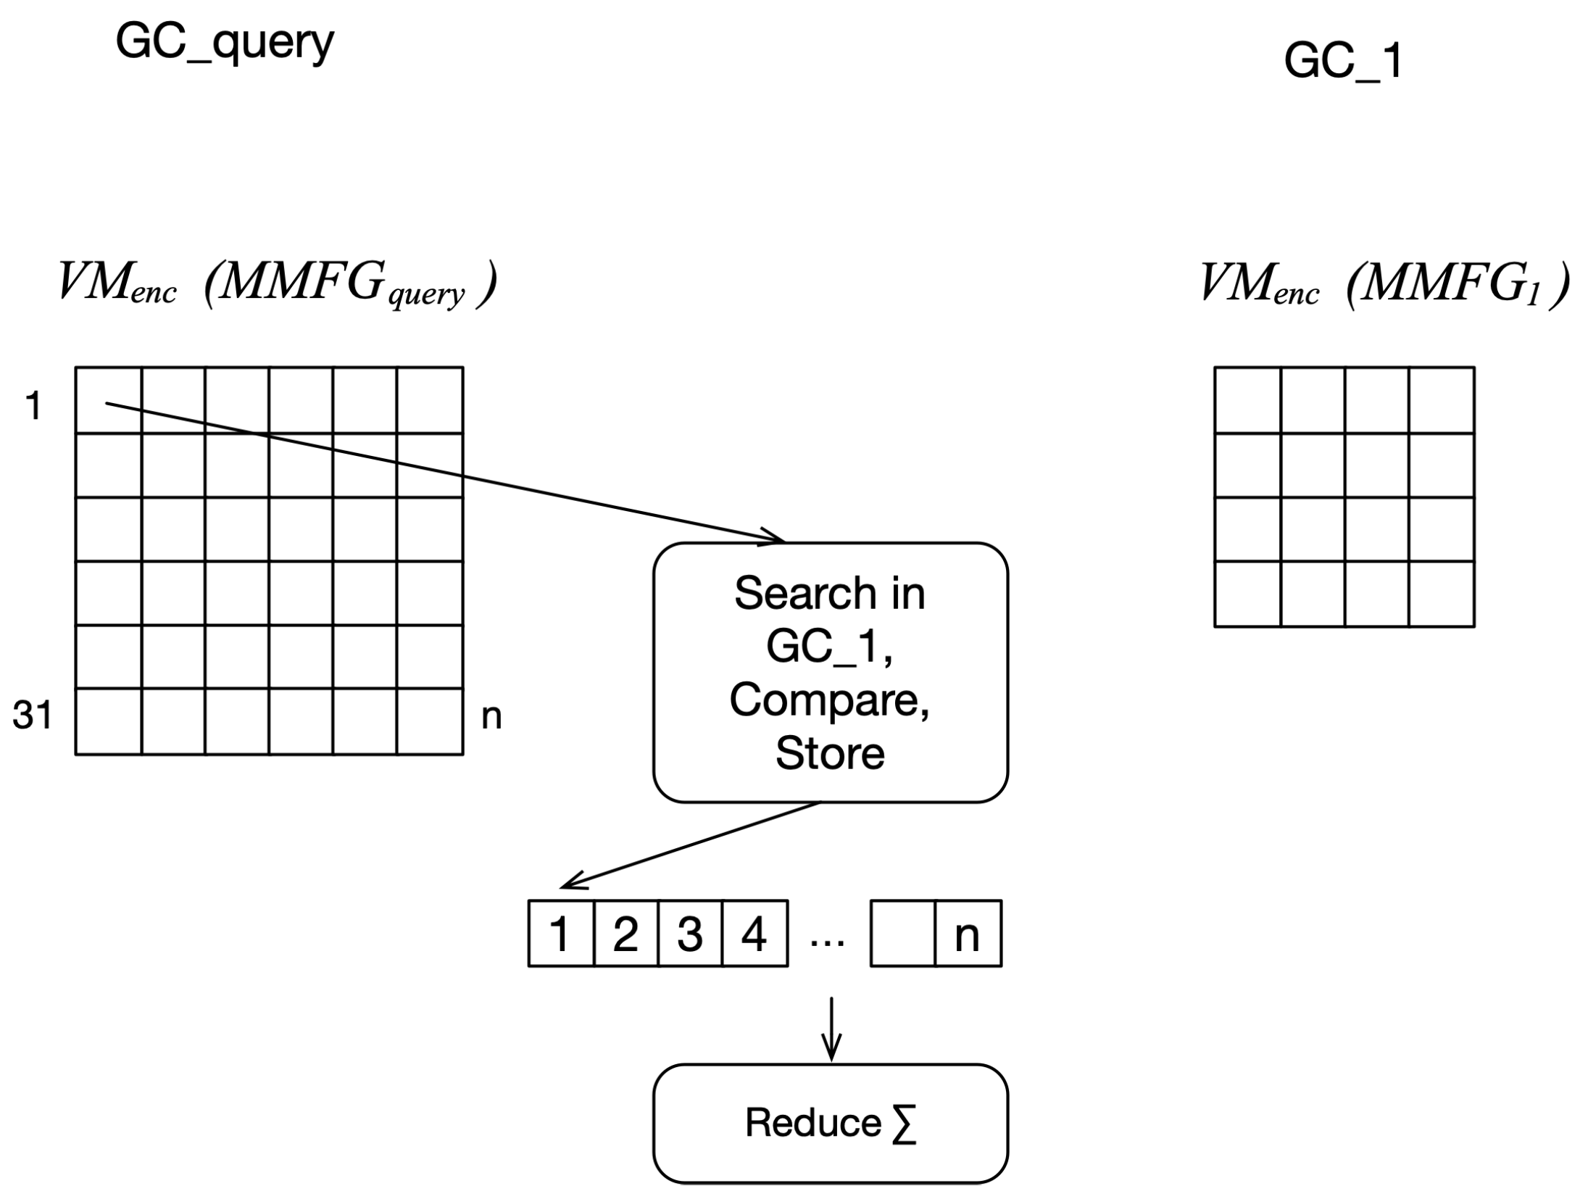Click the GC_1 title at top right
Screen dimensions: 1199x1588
coord(1342,61)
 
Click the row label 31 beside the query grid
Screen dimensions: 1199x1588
coord(33,715)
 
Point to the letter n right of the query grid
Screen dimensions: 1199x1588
coord(491,716)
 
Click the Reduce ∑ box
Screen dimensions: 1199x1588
coord(830,1123)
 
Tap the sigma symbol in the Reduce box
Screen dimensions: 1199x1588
coord(904,1124)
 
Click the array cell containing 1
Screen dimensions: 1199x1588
coord(560,934)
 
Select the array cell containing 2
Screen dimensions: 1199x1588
coord(625,934)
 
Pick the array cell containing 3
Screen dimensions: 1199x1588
coord(689,934)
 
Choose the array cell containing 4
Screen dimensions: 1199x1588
coord(754,934)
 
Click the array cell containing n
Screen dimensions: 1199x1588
coord(967,934)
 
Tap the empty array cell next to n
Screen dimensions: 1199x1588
coord(902,934)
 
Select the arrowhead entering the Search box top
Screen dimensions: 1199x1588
coord(774,537)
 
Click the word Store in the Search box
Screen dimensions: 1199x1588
coord(830,753)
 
